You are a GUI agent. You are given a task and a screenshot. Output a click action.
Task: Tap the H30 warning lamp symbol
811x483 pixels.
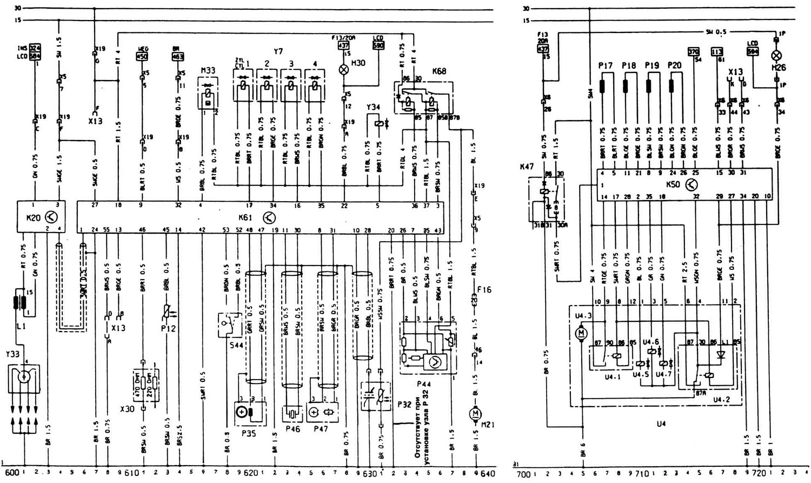(x=343, y=70)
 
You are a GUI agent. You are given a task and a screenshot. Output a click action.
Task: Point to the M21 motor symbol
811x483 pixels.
(x=476, y=414)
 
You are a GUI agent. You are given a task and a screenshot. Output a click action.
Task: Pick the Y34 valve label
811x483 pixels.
(x=374, y=107)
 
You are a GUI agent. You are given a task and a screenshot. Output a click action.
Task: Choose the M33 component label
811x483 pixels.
(x=208, y=70)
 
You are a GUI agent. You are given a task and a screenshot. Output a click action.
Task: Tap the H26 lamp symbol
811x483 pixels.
(x=777, y=55)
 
